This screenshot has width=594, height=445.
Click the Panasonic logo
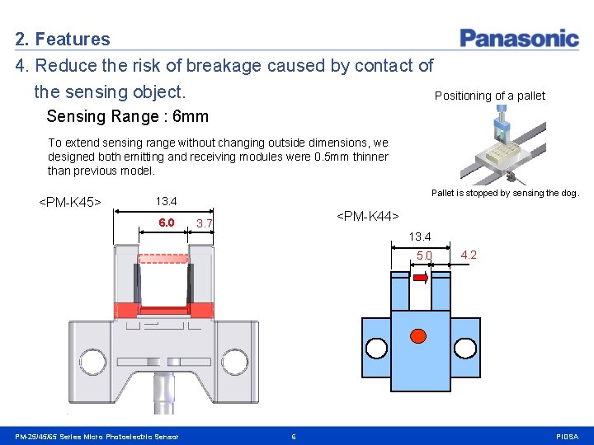click(x=519, y=38)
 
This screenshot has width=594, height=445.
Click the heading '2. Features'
click(x=63, y=39)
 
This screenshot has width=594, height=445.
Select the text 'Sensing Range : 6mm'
click(x=127, y=116)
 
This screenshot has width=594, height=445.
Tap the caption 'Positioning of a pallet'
click(x=489, y=96)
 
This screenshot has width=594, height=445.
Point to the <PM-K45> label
click(x=70, y=202)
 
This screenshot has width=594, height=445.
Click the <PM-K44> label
click(x=367, y=216)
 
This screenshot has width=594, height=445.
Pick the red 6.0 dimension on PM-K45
click(x=167, y=222)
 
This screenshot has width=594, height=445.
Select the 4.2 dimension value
click(x=469, y=255)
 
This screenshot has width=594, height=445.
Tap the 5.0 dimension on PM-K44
click(x=423, y=256)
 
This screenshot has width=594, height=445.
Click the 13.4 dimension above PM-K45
click(x=167, y=201)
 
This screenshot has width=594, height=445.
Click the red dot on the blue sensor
click(x=418, y=335)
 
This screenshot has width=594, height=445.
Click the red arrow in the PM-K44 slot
click(x=420, y=279)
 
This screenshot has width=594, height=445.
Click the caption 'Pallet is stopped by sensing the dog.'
click(x=506, y=193)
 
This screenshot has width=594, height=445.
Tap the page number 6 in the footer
click(x=293, y=436)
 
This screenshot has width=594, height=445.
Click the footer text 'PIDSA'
click(x=568, y=436)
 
